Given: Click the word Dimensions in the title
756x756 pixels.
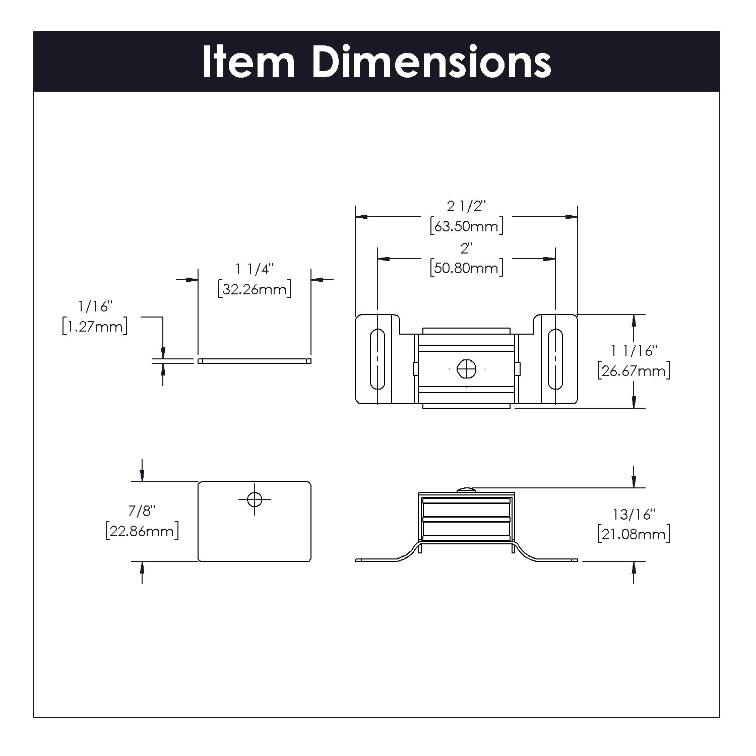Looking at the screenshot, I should coord(431,62).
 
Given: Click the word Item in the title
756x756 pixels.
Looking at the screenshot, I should coord(248,62).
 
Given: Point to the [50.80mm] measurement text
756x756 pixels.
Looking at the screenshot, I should coord(467,268).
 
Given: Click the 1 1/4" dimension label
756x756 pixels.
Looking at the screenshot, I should coord(255,270).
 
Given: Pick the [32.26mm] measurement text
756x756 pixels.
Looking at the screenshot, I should coord(255,289).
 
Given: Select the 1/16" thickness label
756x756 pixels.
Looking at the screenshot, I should coord(94,306).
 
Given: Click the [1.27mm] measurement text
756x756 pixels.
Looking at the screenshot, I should coord(94,327).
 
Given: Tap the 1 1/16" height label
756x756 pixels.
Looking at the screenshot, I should coord(633,351).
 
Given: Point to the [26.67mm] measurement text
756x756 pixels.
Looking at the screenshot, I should coord(633,371).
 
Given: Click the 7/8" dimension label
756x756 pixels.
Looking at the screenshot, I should coord(142,511).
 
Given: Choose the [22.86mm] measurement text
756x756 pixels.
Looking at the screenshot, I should coord(142,531).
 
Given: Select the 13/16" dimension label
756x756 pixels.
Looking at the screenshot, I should coord(633,515).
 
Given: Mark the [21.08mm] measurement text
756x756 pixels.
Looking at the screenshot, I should coord(633,534).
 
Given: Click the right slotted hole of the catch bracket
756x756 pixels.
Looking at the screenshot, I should coord(555,359).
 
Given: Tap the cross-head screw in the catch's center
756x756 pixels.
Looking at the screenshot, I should coord(467,369).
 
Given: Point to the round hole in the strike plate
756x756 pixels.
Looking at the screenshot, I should coord(255,499).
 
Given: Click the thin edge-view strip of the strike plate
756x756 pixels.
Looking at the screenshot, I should coord(255,361).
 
